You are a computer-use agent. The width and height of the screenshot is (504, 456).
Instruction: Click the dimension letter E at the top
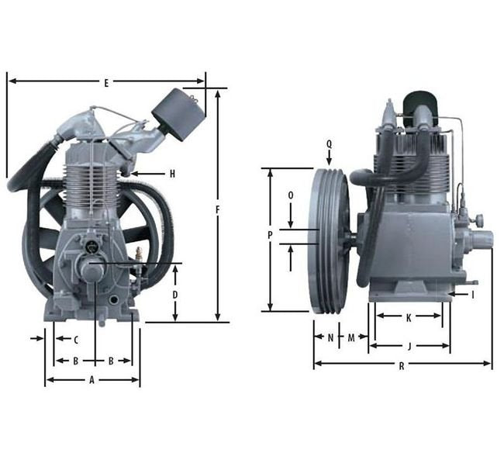tap(106, 83)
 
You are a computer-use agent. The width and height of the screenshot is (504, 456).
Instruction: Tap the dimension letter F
tap(218, 210)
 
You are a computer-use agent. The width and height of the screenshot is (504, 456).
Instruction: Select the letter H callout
tap(173, 174)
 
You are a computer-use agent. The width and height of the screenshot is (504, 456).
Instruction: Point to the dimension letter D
tap(175, 295)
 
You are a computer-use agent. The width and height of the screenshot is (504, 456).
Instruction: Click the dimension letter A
tap(91, 380)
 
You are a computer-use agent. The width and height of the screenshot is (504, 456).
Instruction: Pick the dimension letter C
tap(76, 340)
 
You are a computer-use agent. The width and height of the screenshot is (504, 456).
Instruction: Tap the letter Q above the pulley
tap(329, 144)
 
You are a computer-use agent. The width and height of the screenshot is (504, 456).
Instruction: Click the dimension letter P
tap(270, 236)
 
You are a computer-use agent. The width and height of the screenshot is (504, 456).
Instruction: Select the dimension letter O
tap(291, 195)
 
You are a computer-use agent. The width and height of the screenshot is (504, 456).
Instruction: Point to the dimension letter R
tap(402, 366)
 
